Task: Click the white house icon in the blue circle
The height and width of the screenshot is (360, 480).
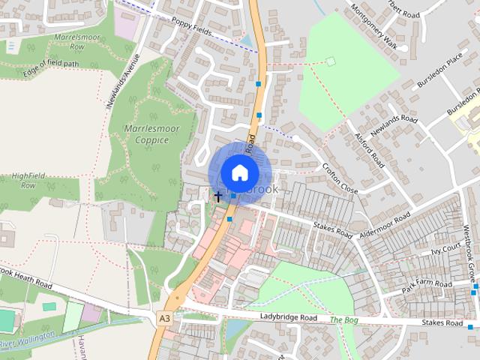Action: pos(238,172)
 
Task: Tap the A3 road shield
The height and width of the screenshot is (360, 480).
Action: pos(163,319)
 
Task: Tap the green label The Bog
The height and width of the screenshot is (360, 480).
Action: pos(345,319)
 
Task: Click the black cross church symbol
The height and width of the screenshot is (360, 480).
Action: pos(218,196)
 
